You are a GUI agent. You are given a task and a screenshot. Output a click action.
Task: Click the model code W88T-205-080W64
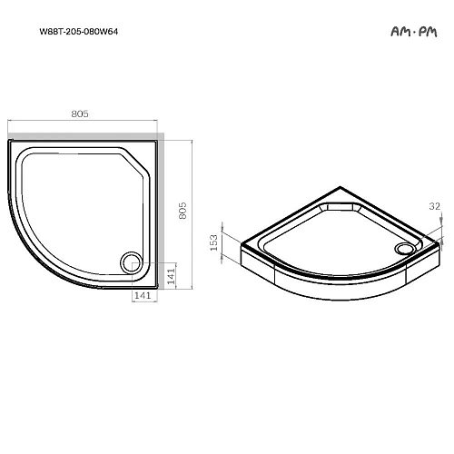click(x=78, y=32)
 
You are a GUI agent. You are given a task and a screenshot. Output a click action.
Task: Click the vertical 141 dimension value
click(x=173, y=272)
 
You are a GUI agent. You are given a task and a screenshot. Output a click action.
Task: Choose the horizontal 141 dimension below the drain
click(x=141, y=296)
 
